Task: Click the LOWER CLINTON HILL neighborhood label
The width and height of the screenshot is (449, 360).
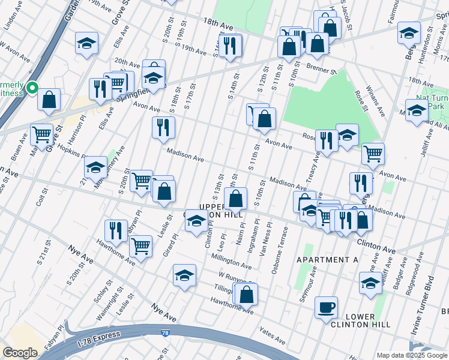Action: coord(360,320)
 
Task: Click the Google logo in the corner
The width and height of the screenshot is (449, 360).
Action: coord(20,353)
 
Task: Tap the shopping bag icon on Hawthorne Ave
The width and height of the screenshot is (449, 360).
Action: coord(246,294)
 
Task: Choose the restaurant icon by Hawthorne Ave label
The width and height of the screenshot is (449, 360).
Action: coord(116,230)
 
